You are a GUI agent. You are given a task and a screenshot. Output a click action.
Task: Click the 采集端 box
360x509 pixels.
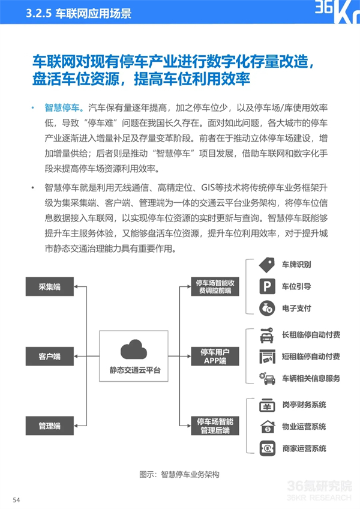(50, 287)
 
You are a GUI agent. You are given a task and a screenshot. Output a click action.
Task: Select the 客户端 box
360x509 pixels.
(50, 357)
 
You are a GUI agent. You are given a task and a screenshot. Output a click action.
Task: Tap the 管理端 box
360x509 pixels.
(50, 426)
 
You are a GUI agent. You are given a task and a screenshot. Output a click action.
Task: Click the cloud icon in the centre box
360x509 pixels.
(133, 349)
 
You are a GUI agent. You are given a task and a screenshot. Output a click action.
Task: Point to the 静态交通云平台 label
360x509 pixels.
(134, 371)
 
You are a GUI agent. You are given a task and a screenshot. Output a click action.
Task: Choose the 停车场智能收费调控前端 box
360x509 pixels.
(215, 287)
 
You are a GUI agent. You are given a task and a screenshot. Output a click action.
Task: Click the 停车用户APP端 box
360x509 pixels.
(215, 357)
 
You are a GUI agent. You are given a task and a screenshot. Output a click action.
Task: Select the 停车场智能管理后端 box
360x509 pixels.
(215, 426)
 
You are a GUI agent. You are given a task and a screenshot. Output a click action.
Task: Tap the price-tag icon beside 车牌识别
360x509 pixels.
(267, 265)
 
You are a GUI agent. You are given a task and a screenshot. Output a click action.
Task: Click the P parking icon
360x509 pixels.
(267, 286)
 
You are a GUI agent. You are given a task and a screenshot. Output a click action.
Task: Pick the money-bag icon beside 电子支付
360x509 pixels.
(267, 309)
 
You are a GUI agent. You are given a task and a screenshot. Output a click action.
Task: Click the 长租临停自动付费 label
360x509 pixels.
(311, 335)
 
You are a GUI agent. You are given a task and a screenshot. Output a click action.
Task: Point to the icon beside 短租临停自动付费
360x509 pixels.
(267, 357)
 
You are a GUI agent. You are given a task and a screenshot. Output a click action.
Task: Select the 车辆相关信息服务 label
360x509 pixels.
(311, 379)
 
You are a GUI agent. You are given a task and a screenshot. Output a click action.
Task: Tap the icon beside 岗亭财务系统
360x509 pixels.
(267, 405)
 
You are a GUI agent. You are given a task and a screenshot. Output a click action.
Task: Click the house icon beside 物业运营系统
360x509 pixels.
(268, 427)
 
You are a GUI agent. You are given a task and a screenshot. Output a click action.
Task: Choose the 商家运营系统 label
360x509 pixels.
(304, 449)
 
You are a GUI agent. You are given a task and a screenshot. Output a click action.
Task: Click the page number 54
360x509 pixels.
(16, 500)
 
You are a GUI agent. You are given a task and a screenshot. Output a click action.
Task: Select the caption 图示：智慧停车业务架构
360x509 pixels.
(179, 475)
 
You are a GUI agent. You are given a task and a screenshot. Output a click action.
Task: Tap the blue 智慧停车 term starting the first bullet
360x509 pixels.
(62, 108)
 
